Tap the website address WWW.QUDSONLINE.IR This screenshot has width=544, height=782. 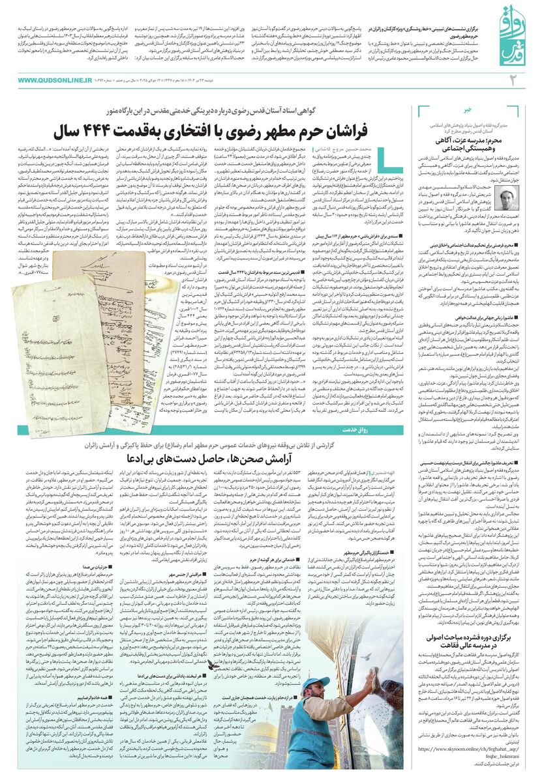[x=55, y=80]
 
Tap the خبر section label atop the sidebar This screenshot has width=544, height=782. [x=467, y=110]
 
